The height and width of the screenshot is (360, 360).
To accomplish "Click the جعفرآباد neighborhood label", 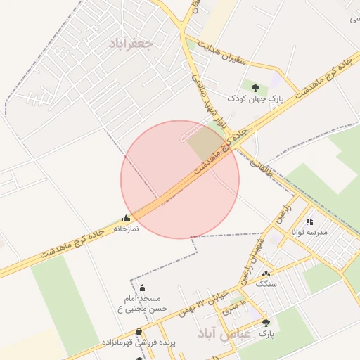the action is (x=131, y=42).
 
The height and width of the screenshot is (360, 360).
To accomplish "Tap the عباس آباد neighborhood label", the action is (x=224, y=332).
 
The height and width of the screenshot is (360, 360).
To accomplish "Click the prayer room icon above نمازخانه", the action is (x=126, y=218).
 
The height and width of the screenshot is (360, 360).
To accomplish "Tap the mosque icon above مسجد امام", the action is (x=142, y=288).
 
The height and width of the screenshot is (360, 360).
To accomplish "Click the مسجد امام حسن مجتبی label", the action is (x=142, y=303).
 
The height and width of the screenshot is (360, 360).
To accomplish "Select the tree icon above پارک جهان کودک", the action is (x=255, y=87).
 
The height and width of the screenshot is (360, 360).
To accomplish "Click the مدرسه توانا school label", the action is (x=310, y=233).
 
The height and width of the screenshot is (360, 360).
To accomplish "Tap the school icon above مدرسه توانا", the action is (x=309, y=222).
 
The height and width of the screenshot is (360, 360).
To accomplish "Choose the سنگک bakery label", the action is (x=266, y=284).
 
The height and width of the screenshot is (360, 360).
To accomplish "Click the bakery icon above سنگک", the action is (x=266, y=274).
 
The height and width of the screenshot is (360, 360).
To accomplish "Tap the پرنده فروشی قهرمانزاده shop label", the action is (x=138, y=342).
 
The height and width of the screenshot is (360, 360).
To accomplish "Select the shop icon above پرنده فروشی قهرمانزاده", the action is (x=138, y=332).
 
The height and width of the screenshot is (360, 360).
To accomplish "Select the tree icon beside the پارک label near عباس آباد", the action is (x=266, y=323).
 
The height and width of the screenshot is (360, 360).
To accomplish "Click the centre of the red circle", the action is (x=180, y=179).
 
